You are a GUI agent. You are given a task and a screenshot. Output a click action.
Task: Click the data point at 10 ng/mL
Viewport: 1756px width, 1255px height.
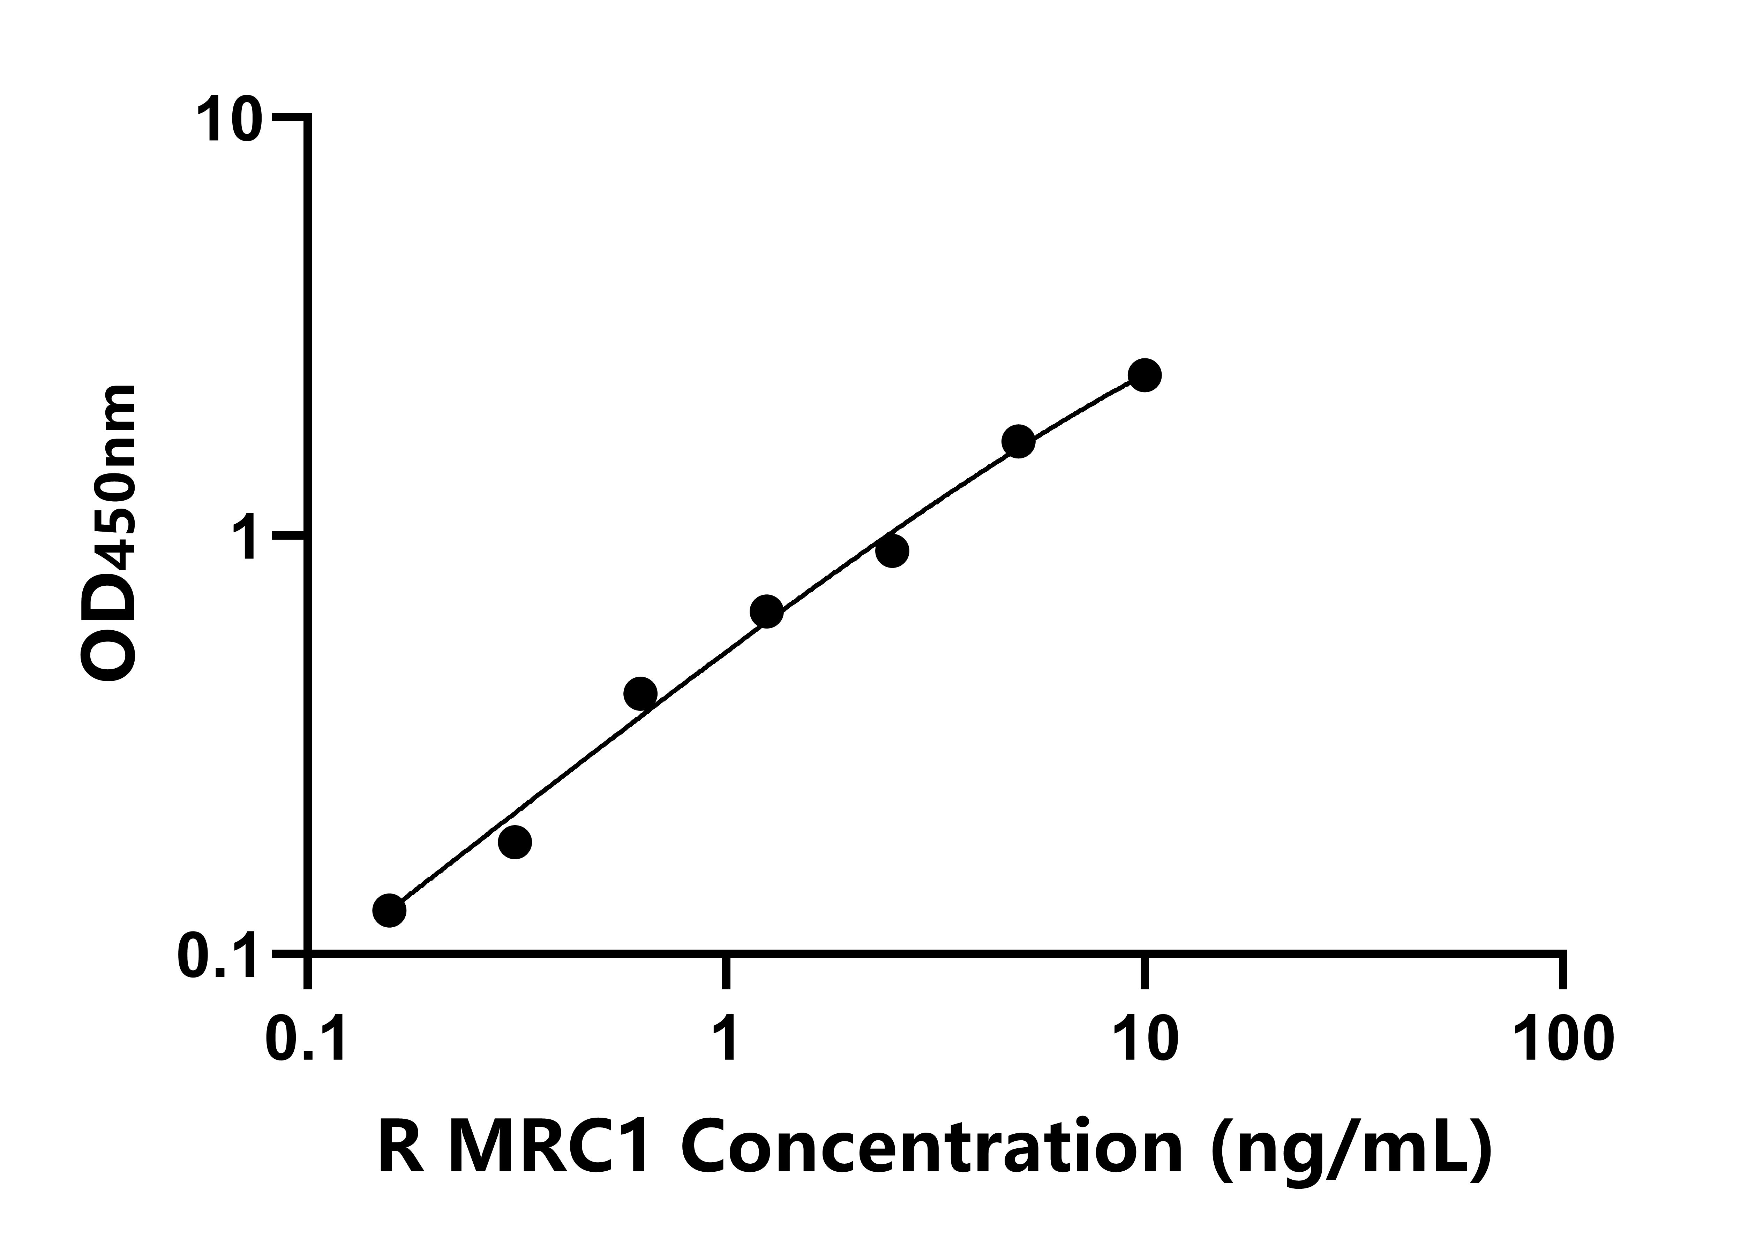click(x=1145, y=375)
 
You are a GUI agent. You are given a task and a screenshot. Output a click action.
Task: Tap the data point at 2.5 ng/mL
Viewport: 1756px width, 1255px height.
click(x=892, y=551)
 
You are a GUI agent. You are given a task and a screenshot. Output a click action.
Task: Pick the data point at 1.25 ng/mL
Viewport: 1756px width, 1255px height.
click(x=766, y=612)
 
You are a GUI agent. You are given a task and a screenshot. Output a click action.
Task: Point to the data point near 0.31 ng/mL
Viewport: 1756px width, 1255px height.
click(x=515, y=842)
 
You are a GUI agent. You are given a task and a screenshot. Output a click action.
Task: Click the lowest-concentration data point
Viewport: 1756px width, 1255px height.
click(x=389, y=910)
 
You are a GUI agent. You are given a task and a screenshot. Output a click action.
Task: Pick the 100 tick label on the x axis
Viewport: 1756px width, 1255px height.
click(x=1563, y=1041)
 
